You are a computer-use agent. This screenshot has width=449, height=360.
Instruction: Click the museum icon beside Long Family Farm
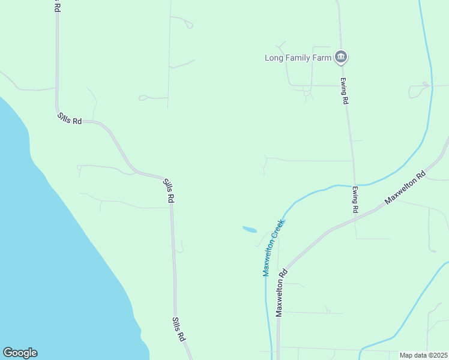pyautogui.click(x=341, y=57)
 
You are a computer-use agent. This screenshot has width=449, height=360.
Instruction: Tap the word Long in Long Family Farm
pyautogui.click(x=274, y=58)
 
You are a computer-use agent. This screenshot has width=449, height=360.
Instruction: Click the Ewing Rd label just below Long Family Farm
pyautogui.click(x=345, y=91)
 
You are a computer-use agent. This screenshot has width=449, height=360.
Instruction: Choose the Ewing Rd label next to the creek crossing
pyautogui.click(x=355, y=200)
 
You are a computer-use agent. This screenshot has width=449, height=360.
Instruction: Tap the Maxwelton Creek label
pyautogui.click(x=273, y=247)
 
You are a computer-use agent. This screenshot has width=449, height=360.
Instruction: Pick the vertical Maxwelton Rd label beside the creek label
pyautogui.click(x=280, y=292)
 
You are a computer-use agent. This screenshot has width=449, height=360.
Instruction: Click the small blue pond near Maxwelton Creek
pyautogui.click(x=249, y=229)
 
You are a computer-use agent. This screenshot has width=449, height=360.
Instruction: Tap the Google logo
pyautogui.click(x=20, y=353)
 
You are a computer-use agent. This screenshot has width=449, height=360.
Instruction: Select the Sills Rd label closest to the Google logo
pyautogui.click(x=178, y=329)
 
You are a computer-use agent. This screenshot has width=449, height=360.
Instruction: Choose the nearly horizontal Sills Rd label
pyautogui.click(x=70, y=118)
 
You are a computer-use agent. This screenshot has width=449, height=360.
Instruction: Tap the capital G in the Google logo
pyautogui.click(x=8, y=353)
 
